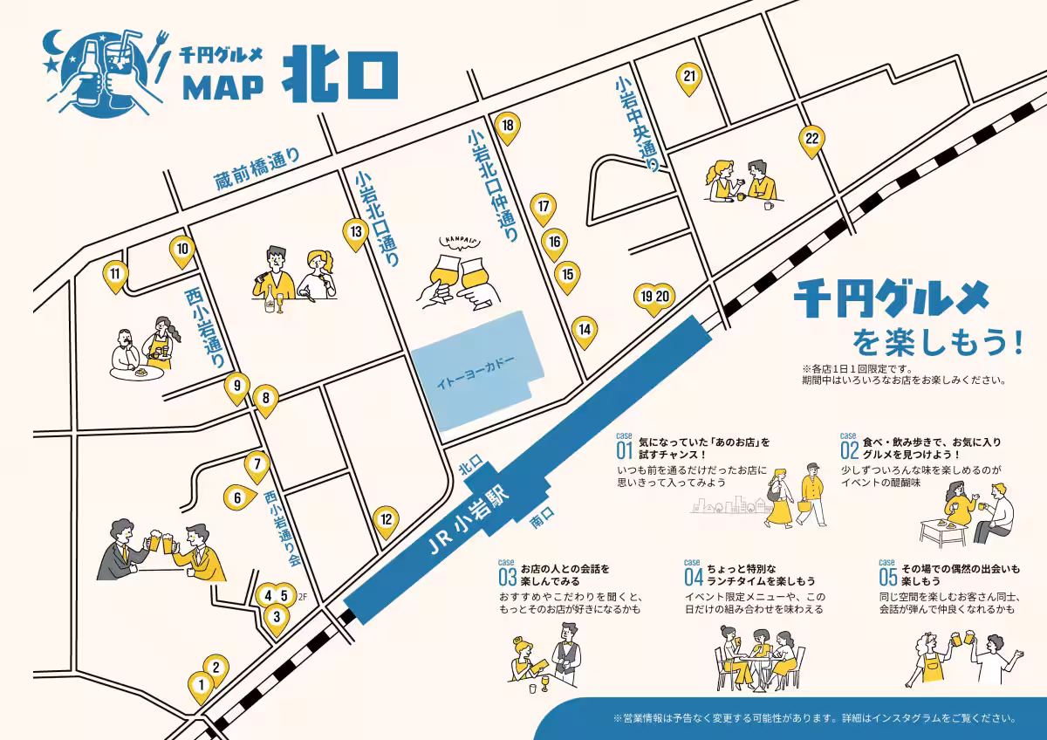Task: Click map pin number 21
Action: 690,77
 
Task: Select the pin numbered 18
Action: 507,126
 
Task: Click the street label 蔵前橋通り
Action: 257,170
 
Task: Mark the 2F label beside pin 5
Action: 302,598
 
